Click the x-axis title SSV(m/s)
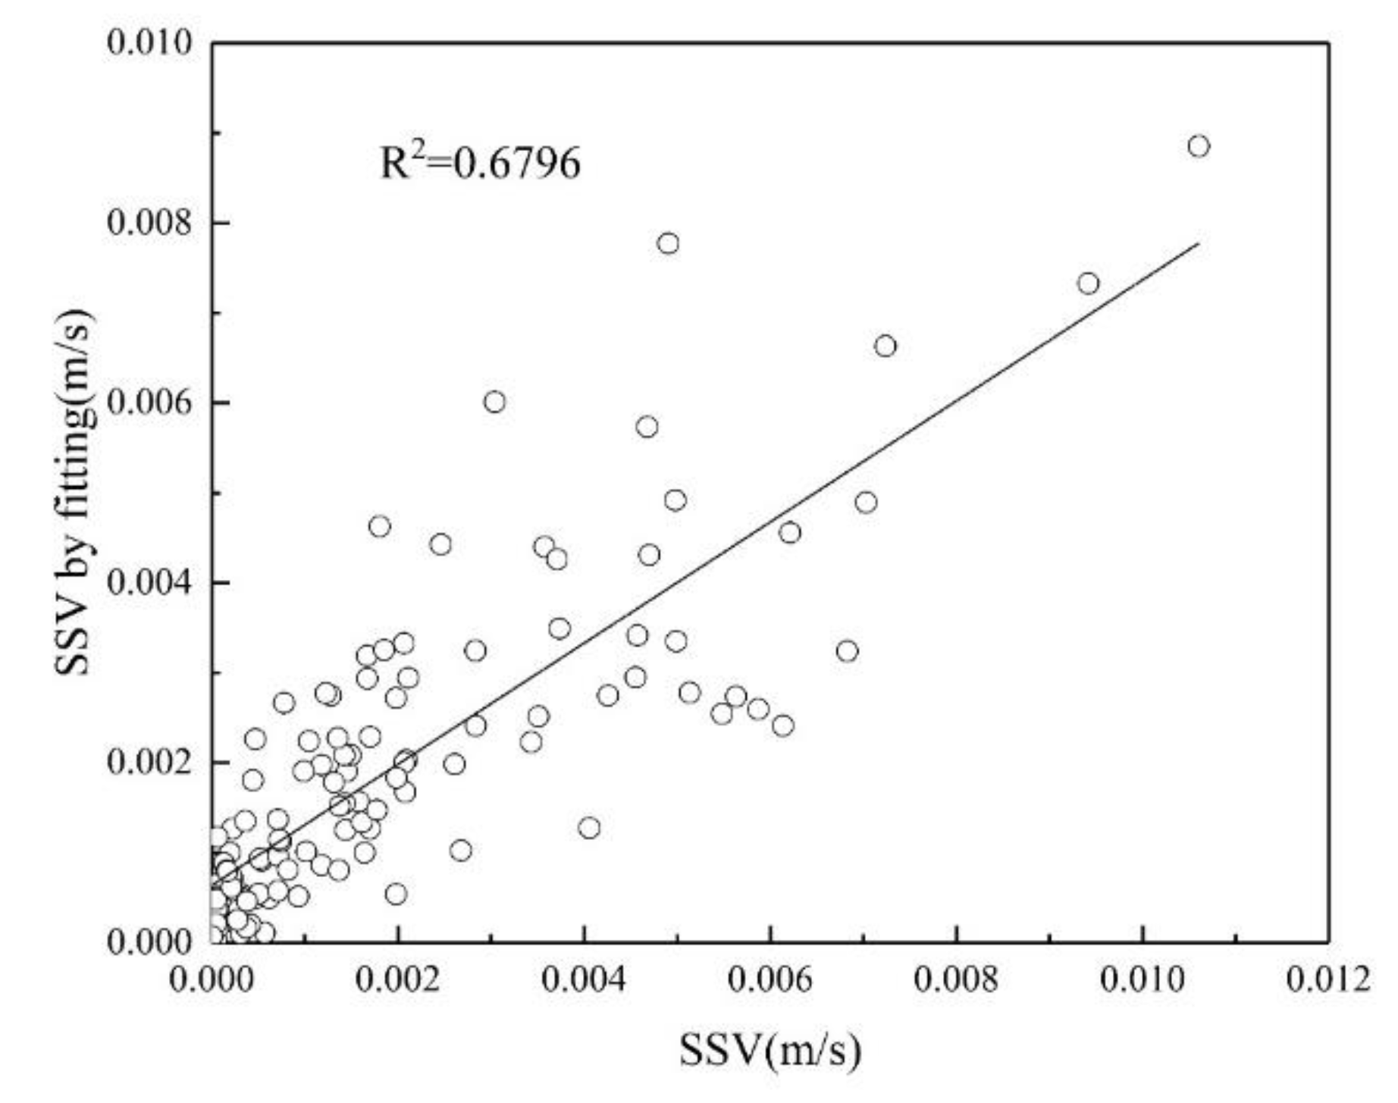(x=770, y=1051)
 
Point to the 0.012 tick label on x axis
(x=1327, y=979)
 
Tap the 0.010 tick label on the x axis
(x=1142, y=979)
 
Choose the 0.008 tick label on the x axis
(x=956, y=979)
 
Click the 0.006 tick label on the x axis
(x=770, y=979)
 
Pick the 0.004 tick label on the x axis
(x=584, y=979)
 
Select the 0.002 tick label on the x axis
(x=398, y=979)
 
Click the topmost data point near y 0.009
(x=1198, y=146)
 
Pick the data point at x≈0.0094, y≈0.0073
(x=1088, y=284)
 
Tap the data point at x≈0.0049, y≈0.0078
(x=668, y=243)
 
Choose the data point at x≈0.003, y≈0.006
(x=494, y=402)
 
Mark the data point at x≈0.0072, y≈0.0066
(x=885, y=346)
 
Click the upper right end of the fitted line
(x=1197, y=244)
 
